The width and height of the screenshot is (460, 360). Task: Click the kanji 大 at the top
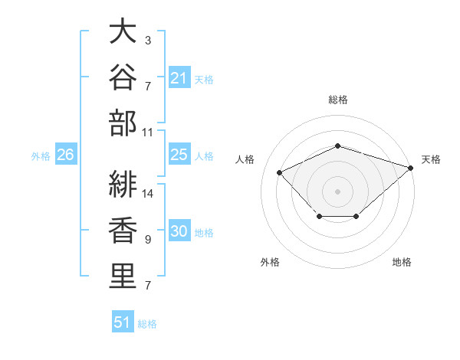123,31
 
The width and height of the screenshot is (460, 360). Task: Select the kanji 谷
123,77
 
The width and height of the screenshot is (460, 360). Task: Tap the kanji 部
123,123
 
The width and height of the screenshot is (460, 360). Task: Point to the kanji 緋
123,184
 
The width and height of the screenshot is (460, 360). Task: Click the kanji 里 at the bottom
123,277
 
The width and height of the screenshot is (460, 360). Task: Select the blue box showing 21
179,77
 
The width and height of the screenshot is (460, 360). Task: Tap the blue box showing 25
179,154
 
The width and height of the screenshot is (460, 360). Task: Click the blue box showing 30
179,230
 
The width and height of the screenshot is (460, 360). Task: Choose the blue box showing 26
66,154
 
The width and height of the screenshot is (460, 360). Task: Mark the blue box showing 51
123,321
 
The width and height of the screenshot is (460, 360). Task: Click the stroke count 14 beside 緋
147,194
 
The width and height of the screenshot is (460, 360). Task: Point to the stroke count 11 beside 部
147,133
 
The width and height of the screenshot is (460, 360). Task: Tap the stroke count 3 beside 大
148,41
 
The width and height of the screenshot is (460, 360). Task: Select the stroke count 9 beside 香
148,240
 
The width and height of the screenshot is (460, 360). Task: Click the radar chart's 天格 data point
411,168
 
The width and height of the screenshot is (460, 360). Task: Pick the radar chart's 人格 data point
279,172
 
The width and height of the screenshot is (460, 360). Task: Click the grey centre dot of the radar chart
337,191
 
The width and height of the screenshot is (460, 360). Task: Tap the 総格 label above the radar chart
338,100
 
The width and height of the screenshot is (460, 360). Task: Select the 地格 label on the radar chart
402,262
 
